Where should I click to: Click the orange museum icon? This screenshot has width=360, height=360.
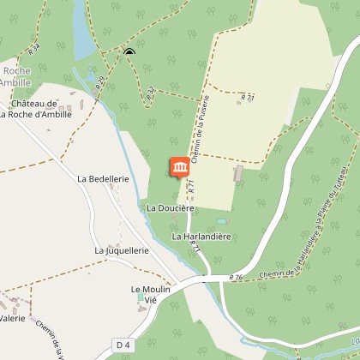tap(180, 168)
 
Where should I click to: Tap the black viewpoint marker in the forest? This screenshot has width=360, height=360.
tap(129, 53)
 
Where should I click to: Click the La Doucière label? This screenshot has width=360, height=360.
tap(171, 207)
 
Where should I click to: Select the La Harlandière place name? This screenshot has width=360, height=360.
tap(202, 235)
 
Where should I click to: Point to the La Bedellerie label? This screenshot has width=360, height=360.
tap(102, 179)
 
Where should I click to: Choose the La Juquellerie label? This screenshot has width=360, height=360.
tap(122, 250)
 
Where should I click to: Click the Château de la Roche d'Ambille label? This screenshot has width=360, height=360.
tap(34, 108)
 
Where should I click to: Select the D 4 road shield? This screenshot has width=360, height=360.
tap(123, 345)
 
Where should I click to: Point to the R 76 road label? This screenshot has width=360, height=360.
tap(237, 277)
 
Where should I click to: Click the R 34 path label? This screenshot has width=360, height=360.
tap(33, 51)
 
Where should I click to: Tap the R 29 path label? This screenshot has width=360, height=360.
tap(101, 83)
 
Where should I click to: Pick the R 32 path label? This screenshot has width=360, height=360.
tap(151, 93)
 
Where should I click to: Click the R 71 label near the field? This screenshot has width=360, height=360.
tap(248, 99)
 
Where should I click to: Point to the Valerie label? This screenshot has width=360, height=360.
tap(12, 318)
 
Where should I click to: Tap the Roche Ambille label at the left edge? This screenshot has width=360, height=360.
tap(15, 76)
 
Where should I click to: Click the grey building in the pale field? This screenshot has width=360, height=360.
tap(238, 174)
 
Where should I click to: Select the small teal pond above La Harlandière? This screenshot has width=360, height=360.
tap(221, 221)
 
